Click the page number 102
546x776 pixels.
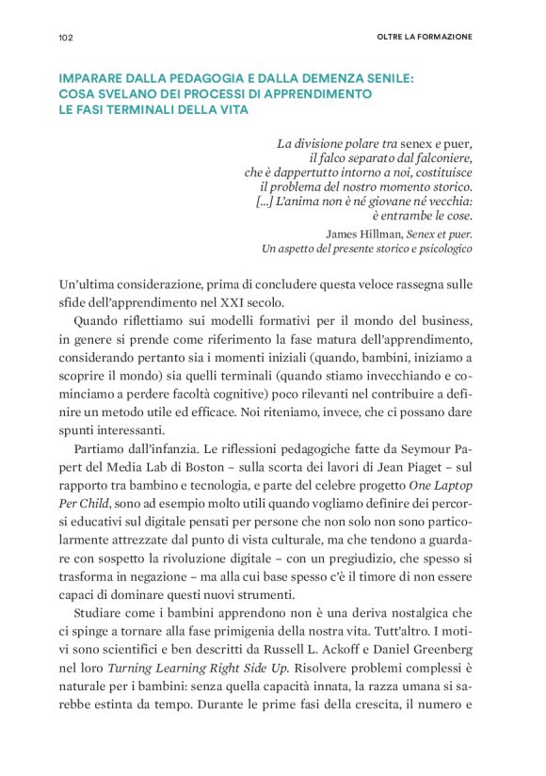pyautogui.click(x=66, y=37)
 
